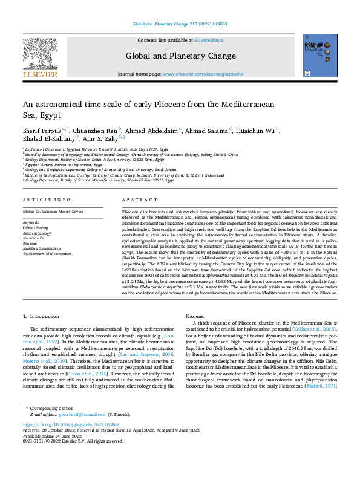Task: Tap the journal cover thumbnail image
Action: (x=320, y=56)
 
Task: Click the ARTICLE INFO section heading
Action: (x=46, y=199)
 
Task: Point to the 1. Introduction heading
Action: (x=41, y=316)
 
